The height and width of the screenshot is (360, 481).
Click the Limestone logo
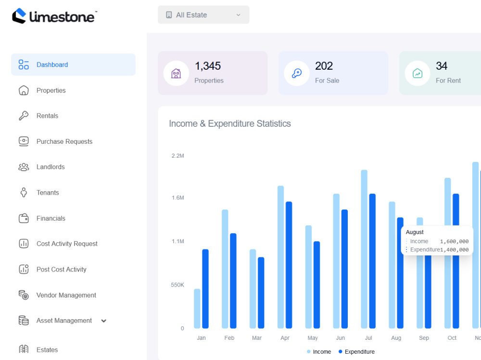[54, 16]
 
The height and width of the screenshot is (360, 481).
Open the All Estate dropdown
[203, 15]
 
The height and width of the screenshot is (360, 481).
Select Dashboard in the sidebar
[73, 65]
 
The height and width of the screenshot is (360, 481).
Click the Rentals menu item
[47, 116]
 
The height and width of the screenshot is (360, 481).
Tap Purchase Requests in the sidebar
[64, 141]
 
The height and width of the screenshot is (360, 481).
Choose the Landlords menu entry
[51, 167]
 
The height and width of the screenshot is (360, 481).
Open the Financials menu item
[51, 218]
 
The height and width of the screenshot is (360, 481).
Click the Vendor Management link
[66, 295]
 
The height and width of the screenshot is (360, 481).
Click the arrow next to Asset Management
[104, 321]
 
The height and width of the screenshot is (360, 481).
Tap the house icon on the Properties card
[176, 73]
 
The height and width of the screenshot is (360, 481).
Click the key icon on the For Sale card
[297, 73]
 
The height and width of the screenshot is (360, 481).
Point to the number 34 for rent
[442, 66]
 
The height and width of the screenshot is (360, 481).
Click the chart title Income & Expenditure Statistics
[230, 124]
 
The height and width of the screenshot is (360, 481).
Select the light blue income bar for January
[197, 309]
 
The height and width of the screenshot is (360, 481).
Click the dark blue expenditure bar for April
[289, 265]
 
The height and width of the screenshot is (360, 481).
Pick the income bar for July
[364, 249]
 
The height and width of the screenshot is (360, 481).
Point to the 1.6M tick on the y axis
[178, 198]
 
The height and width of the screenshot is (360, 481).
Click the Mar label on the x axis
[257, 338]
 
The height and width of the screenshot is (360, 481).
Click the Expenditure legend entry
[356, 352]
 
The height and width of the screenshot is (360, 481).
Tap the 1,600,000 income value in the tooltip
[454, 241]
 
